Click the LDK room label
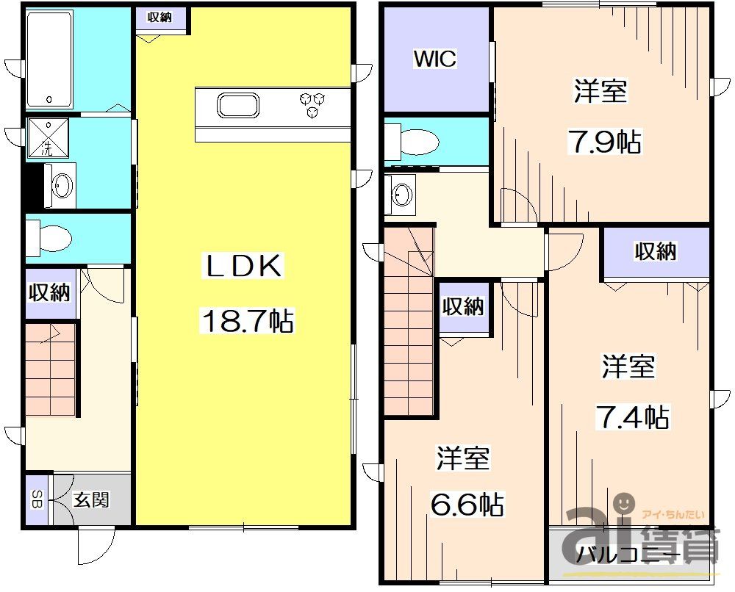(x=242, y=267)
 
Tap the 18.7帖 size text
(x=246, y=321)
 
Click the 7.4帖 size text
(x=631, y=417)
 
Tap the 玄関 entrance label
(x=92, y=500)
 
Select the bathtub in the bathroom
(x=49, y=59)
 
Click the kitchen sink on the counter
(x=237, y=106)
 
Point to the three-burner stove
(x=312, y=104)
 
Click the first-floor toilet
(x=50, y=238)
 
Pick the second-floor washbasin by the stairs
(x=401, y=195)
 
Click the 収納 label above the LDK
(x=159, y=18)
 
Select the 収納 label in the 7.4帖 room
(x=655, y=252)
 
